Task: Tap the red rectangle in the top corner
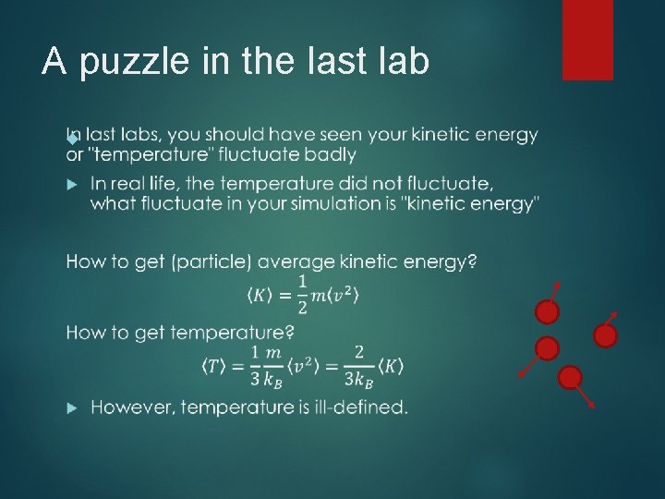click(x=587, y=39)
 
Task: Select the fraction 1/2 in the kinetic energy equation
click(x=302, y=296)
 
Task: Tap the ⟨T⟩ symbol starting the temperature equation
click(x=214, y=366)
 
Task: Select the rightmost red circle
click(x=605, y=336)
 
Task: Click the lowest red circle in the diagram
click(x=571, y=377)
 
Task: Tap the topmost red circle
click(x=548, y=312)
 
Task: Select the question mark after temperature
click(x=290, y=332)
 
